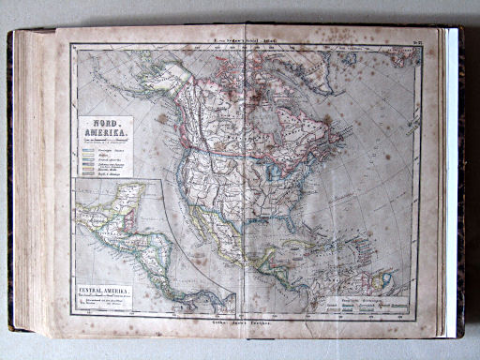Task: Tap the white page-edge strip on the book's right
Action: coord(452,178)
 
